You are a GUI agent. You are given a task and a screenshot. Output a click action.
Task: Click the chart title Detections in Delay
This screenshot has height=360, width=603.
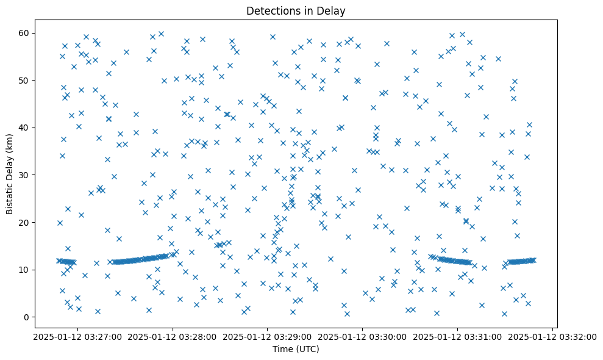point(295,10)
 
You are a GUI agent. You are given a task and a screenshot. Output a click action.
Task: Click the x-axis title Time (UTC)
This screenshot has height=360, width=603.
point(295,349)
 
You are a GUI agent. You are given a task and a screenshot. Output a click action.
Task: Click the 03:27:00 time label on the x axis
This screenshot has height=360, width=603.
point(79,336)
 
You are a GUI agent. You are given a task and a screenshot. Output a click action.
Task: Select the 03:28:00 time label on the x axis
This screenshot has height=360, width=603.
point(173,336)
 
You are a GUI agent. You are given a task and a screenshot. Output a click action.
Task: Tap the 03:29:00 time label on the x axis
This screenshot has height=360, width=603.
point(268,336)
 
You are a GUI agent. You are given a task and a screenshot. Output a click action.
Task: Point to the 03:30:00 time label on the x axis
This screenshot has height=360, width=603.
point(363,336)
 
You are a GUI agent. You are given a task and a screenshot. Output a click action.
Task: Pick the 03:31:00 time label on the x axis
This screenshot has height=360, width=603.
point(457,336)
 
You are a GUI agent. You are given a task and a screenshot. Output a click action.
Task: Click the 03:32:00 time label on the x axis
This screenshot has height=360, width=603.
point(552,336)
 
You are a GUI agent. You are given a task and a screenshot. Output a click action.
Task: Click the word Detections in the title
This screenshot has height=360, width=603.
point(270,10)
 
